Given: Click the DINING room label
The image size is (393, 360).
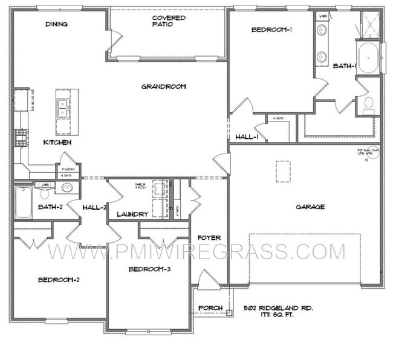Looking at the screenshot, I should point(56,24).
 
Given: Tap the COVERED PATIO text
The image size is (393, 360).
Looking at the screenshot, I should point(169,21).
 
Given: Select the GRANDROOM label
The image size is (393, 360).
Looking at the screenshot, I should point(163,86).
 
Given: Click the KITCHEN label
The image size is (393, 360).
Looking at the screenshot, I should point(57,143).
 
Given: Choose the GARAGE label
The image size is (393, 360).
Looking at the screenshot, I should point(310,207).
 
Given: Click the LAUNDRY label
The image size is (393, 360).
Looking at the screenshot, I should point(132,214).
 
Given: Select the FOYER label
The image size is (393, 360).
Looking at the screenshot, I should point(209,237).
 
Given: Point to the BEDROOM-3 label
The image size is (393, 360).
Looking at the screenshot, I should point(149,269).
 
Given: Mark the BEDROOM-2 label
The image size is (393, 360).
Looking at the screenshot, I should point(59,279).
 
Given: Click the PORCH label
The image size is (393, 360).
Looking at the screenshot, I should point(211,309).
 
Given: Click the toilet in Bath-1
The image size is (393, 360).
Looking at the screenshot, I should point(368,106).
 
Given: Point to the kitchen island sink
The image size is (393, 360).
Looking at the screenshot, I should point(63,108).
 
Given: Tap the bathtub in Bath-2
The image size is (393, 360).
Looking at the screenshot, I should point(23,202).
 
